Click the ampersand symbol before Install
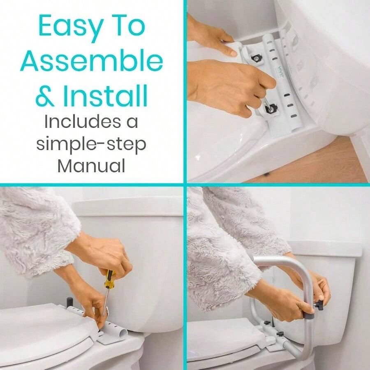45,96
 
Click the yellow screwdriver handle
109,280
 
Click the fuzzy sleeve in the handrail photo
230,247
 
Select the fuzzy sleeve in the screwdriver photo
37,230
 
